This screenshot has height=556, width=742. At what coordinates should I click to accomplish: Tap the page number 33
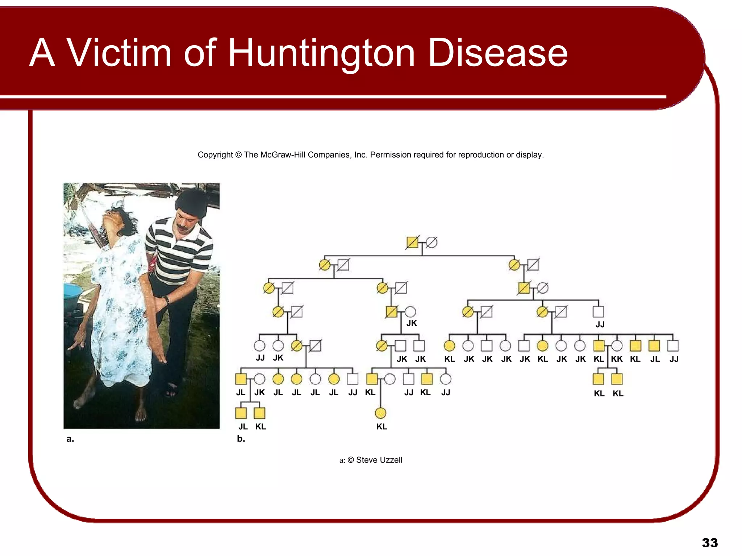[x=709, y=543]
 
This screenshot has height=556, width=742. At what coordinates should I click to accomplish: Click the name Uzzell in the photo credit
[x=389, y=460]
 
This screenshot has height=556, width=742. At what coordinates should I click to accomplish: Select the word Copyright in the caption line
[x=215, y=155]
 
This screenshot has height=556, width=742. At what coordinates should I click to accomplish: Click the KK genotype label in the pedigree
[x=617, y=359]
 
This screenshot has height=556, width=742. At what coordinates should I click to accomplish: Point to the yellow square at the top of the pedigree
[x=412, y=242]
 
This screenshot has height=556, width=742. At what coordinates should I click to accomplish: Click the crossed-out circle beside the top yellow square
[x=431, y=242]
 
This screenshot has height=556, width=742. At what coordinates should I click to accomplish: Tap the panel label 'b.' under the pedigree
[x=241, y=439]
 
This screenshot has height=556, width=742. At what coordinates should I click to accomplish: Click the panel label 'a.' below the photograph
[x=70, y=439]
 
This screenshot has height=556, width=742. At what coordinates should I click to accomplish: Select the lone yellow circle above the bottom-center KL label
[x=380, y=413]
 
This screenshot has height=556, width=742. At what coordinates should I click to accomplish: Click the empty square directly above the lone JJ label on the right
[x=598, y=312]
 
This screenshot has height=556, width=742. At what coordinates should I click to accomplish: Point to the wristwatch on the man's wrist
[x=167, y=300]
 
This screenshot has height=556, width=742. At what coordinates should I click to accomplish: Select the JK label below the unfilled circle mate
[x=412, y=323]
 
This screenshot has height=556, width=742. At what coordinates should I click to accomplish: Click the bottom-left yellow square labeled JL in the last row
[x=241, y=413]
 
